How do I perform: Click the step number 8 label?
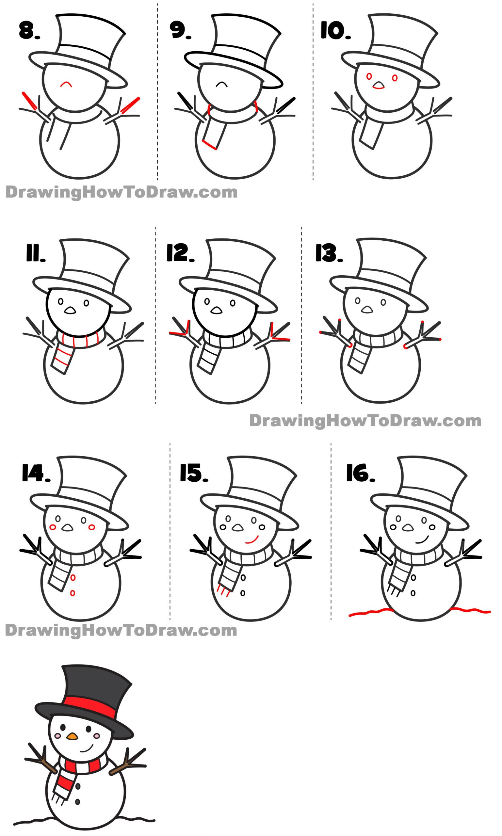(x=29, y=30)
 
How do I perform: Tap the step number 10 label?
(x=335, y=31)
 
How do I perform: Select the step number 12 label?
(x=180, y=254)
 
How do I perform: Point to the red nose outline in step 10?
(x=379, y=86)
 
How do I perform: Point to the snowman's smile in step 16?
(x=422, y=539)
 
